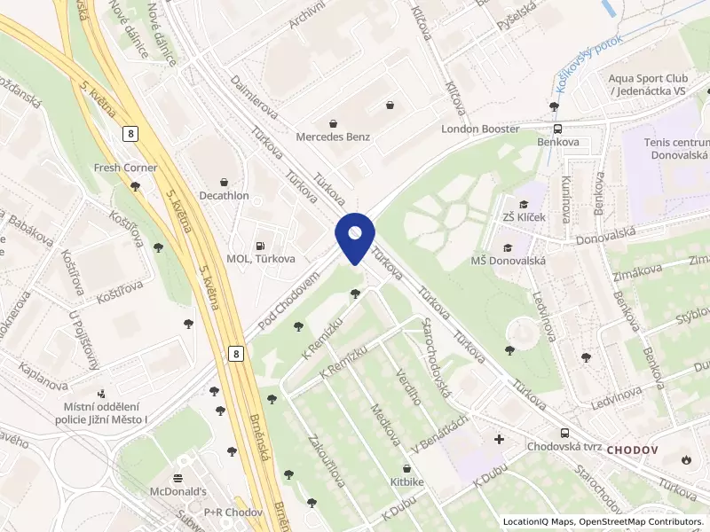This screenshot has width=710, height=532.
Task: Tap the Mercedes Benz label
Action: pyautogui.click(x=333, y=137)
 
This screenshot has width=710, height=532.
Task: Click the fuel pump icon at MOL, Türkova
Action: pyautogui.click(x=259, y=246)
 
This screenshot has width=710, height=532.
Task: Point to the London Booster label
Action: pyautogui.click(x=480, y=129)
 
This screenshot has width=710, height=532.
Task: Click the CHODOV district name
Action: pyautogui.click(x=632, y=450)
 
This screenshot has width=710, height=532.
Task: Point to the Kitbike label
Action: pyautogui.click(x=406, y=481)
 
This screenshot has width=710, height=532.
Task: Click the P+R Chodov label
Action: pyautogui.click(x=233, y=512)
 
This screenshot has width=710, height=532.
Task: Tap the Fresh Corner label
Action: pyautogui.click(x=125, y=168)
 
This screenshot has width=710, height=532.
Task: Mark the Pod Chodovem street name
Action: pyautogui.click(x=288, y=303)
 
